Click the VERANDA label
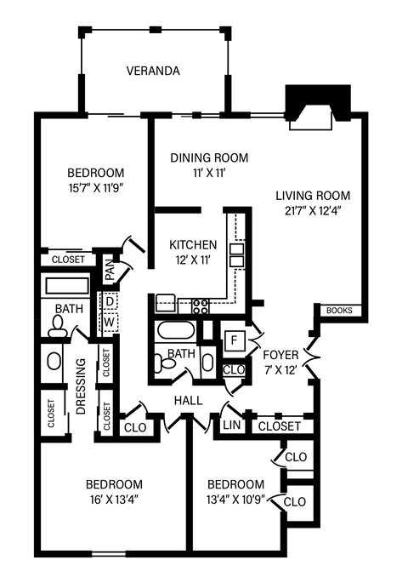coord(153,71)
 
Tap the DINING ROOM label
coord(208,157)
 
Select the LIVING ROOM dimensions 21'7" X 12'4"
coord(313,209)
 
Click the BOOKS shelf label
coord(338,311)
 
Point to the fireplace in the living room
coord(317,108)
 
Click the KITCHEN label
coord(193,245)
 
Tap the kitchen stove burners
coord(202,303)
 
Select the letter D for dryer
coord(110,300)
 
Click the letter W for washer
coord(110,322)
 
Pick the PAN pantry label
coord(110,271)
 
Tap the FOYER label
coord(280,355)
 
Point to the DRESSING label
coord(82,386)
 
